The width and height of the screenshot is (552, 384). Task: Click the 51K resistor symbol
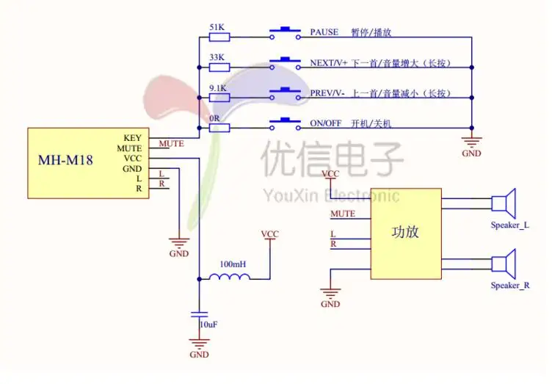tap(219, 37)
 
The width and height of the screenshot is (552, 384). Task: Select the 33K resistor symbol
tap(219, 68)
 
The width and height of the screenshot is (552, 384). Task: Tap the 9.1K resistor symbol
tap(219, 98)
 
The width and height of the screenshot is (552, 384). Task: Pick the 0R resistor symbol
tap(219, 128)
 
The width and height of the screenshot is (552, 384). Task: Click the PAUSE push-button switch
tap(285, 33)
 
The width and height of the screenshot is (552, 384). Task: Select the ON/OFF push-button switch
tap(285, 123)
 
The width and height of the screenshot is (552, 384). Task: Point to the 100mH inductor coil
tap(230, 277)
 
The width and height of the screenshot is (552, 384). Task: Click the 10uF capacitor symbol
tap(199, 314)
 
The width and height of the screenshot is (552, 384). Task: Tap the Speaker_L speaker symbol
tap(504, 203)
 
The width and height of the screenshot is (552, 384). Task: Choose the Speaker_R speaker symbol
tap(504, 264)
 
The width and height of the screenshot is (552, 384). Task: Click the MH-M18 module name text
tap(65, 160)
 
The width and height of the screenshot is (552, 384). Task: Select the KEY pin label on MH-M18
tap(132, 138)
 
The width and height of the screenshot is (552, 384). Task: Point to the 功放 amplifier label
tap(405, 232)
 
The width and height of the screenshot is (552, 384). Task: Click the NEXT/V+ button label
tap(328, 63)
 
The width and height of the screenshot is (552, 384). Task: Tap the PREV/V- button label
tap(327, 93)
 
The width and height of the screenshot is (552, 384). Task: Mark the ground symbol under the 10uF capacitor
tap(199, 344)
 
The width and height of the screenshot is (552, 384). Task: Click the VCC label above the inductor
tap(270, 234)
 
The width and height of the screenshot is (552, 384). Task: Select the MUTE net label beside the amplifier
tap(343, 214)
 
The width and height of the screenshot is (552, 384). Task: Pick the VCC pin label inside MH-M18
tap(133, 159)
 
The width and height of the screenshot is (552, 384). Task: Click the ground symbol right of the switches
tap(472, 142)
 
